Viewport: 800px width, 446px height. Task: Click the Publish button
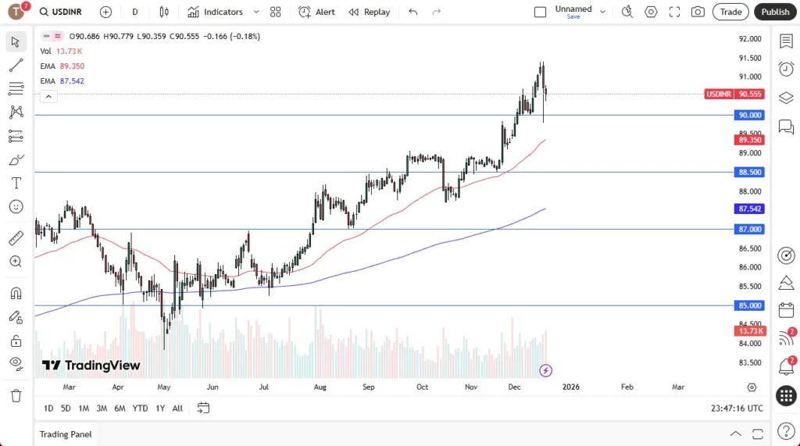pos(775,12)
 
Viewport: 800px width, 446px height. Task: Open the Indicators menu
pos(215,12)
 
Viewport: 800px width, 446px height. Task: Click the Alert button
pos(316,12)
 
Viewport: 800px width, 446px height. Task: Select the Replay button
pos(369,12)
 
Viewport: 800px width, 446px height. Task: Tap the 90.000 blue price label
pos(749,115)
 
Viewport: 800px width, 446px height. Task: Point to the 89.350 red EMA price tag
pos(749,139)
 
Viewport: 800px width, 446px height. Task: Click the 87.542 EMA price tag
pos(749,209)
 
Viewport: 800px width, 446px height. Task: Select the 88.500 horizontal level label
pos(749,172)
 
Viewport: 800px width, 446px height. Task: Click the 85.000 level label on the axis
pos(749,305)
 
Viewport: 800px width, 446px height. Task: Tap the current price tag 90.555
pos(749,94)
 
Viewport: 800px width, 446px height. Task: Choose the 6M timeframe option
pos(120,408)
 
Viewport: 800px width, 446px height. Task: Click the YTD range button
pos(140,408)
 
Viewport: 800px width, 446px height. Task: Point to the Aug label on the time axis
pos(319,387)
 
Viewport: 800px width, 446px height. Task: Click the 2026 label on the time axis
pos(571,387)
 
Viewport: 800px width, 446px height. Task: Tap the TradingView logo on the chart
pos(91,366)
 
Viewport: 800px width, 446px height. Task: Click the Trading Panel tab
pos(66,434)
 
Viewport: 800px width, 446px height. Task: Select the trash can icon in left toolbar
pos(16,395)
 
